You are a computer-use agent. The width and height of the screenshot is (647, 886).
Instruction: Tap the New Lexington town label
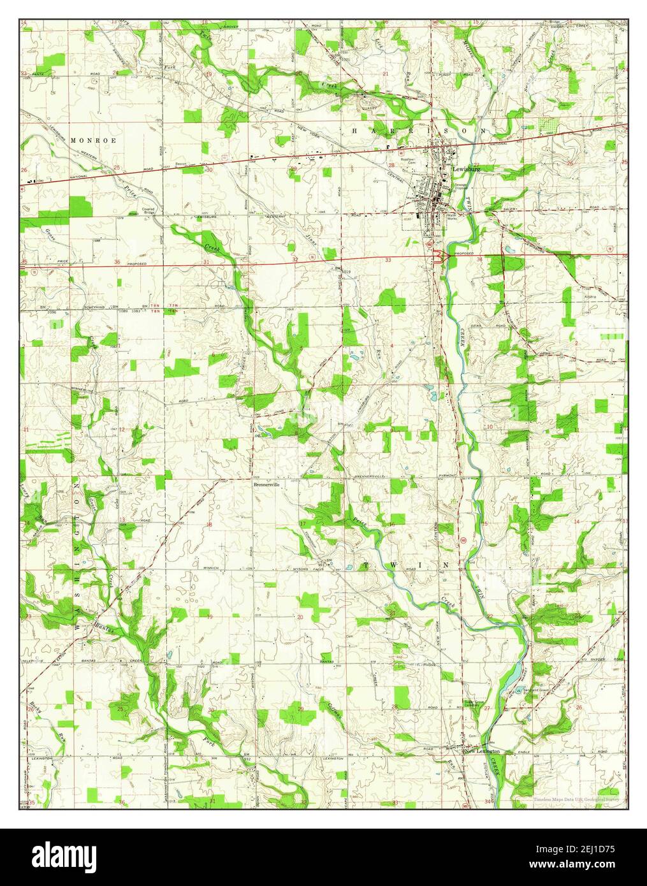pyautogui.click(x=483, y=752)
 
